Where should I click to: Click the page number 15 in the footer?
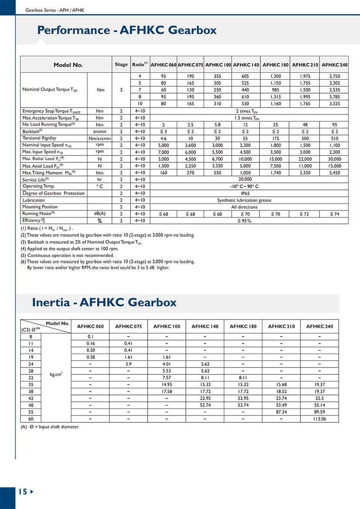(23, 492)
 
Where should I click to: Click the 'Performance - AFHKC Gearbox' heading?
(127, 30)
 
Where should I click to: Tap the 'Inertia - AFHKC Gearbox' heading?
(104, 302)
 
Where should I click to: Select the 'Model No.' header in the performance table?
(68, 65)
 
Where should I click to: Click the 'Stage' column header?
(121, 64)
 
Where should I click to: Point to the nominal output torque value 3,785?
(334, 97)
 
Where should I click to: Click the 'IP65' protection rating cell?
(244, 193)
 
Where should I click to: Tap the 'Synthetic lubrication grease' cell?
(244, 200)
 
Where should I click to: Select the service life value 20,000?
(244, 179)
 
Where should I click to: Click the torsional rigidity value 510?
(334, 138)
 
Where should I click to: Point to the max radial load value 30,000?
(334, 159)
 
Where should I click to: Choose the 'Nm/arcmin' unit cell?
(100, 138)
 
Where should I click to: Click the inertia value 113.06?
(320, 419)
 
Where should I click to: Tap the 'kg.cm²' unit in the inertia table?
(55, 374)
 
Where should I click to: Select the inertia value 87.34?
(281, 411)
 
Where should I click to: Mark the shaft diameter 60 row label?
(30, 419)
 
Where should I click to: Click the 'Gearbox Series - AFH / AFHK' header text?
(55, 10)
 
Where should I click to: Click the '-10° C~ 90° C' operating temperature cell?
(244, 186)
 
